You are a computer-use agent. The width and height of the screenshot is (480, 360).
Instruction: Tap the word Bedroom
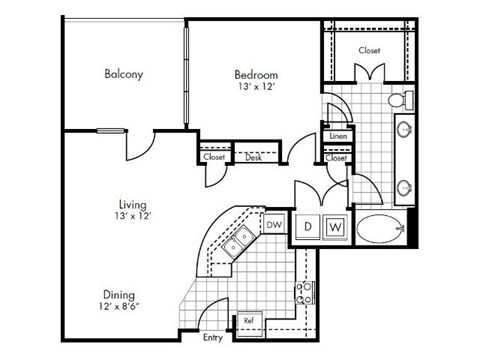[256, 74]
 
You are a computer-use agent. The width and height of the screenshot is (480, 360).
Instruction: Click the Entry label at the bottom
[211, 339]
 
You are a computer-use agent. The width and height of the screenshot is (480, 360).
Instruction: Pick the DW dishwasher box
[273, 226]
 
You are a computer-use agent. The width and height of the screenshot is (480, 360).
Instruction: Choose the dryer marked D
[309, 228]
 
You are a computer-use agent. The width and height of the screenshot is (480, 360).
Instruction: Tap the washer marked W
[335, 228]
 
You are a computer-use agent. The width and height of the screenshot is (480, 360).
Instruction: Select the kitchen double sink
[237, 242]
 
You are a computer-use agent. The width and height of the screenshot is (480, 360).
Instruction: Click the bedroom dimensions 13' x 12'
[256, 88]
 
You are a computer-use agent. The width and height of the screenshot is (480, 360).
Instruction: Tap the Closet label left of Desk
[214, 157]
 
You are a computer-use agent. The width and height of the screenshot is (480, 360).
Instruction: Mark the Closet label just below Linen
[336, 157]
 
